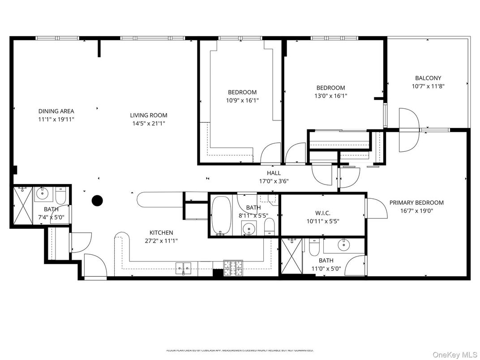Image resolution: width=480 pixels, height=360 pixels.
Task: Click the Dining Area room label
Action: tap(56, 111)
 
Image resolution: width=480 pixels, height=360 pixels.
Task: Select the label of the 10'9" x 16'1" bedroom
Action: tap(242, 92)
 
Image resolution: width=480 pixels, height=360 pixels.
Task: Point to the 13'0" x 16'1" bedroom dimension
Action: tap(330, 96)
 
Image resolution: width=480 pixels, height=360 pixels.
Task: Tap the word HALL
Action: tap(274, 173)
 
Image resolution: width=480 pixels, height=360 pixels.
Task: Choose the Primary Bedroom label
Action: tap(416, 202)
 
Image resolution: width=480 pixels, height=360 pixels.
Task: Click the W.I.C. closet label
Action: tap(322, 213)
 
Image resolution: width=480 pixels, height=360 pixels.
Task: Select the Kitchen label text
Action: tap(161, 232)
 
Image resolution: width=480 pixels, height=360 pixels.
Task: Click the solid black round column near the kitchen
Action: tap(97, 201)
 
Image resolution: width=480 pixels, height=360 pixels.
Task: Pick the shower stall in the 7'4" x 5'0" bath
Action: tap(21, 206)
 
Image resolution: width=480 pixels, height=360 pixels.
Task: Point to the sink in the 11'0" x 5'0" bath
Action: tap(344, 245)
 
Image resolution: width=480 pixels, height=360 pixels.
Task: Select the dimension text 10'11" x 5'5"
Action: tap(322, 221)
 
